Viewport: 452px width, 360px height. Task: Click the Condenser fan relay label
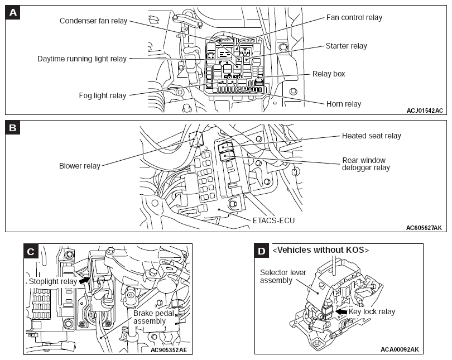(x=93, y=21)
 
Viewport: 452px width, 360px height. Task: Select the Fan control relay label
(x=354, y=18)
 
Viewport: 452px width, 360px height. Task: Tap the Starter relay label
(x=346, y=46)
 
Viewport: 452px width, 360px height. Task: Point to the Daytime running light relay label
(x=82, y=59)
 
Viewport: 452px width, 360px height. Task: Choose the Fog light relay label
(x=103, y=95)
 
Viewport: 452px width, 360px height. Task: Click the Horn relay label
(x=344, y=104)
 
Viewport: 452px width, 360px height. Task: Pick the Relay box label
(x=329, y=74)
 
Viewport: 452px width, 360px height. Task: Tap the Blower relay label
(x=80, y=166)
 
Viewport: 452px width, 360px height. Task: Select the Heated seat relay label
(x=371, y=136)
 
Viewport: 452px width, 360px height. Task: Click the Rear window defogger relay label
(x=366, y=164)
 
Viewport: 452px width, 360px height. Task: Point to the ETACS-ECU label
(x=273, y=220)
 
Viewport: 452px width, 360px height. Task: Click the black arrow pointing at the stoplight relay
(x=84, y=280)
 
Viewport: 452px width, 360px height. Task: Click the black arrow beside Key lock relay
(x=342, y=311)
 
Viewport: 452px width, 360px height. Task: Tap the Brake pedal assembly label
(x=153, y=317)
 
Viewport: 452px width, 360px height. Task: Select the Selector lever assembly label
(x=283, y=276)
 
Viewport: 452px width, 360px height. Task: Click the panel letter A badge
(x=13, y=13)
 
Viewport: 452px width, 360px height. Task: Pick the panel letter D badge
(x=262, y=251)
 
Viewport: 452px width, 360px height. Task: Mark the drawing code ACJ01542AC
(x=425, y=111)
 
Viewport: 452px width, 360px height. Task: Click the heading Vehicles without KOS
(x=320, y=250)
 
